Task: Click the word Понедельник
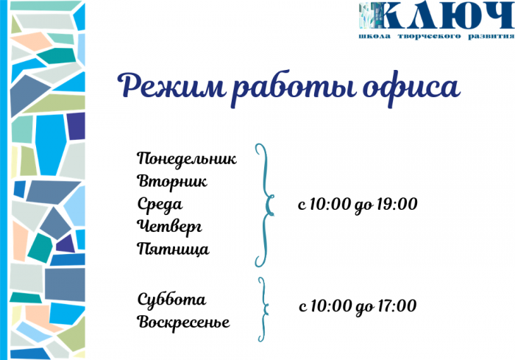pos(187,159)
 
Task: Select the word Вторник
pos(172,182)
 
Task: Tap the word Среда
pos(160,205)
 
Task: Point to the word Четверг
pos(169,227)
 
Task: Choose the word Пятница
pos(173,249)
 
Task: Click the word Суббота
pos(171,299)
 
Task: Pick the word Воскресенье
pos(183,322)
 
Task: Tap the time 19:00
pos(397,204)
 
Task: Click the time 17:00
pos(397,306)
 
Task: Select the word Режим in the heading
pos(171,85)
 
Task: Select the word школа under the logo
pos(374,36)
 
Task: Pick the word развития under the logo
pos(491,36)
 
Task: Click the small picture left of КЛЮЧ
pos(370,15)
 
